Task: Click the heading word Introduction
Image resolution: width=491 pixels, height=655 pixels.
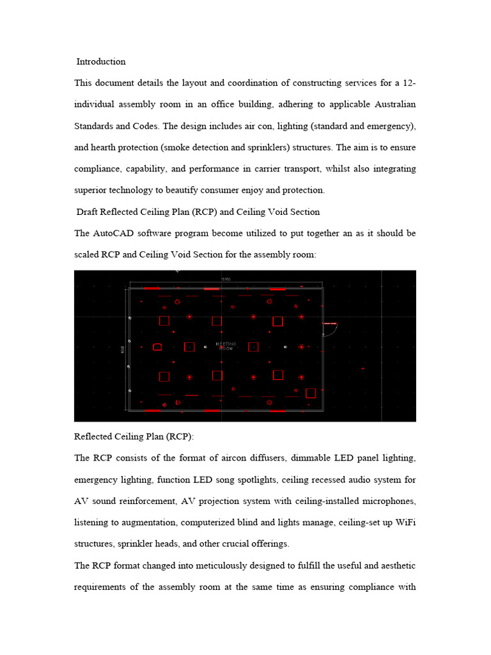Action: coord(101,62)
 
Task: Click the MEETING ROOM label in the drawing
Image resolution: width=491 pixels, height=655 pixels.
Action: coord(226,346)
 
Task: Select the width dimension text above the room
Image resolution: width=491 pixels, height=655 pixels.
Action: coord(225,280)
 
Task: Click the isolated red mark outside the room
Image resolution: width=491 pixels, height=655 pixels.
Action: coord(363,368)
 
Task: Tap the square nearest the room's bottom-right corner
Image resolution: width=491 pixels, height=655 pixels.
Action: coord(311,393)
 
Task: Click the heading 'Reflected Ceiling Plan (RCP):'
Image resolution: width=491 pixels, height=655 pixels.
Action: coord(134,436)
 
